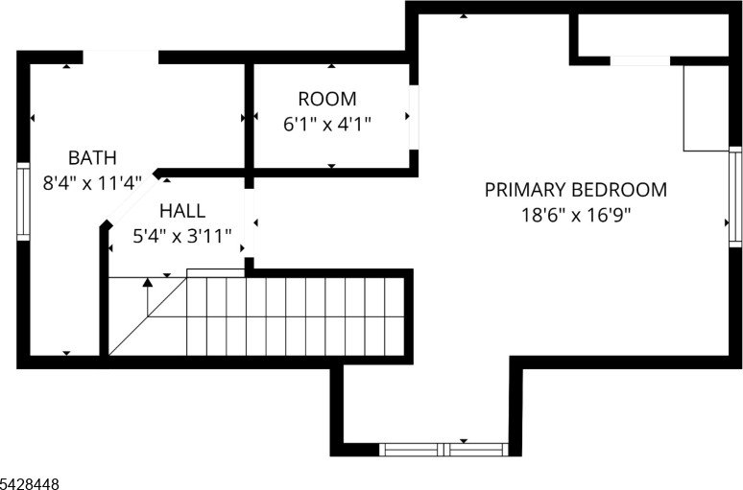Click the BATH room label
tap(92, 157)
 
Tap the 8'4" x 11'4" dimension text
tap(92, 183)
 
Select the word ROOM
tap(327, 99)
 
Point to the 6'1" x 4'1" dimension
tap(327, 125)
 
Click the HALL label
tap(182, 211)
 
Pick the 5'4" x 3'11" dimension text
tap(182, 236)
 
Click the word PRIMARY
tap(525, 190)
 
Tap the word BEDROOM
tap(620, 190)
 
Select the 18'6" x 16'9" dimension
tap(576, 216)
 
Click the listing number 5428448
tap(30, 484)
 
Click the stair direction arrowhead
tap(148, 282)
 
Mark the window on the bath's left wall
tap(23, 201)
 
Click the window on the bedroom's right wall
tap(735, 197)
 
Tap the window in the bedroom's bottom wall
tap(443, 450)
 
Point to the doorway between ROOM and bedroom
tap(414, 117)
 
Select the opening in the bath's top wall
tap(121, 57)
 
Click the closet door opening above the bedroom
tap(640, 60)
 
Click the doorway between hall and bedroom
tap(250, 223)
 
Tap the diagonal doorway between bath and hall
tap(132, 198)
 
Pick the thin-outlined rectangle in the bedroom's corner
tap(706, 108)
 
